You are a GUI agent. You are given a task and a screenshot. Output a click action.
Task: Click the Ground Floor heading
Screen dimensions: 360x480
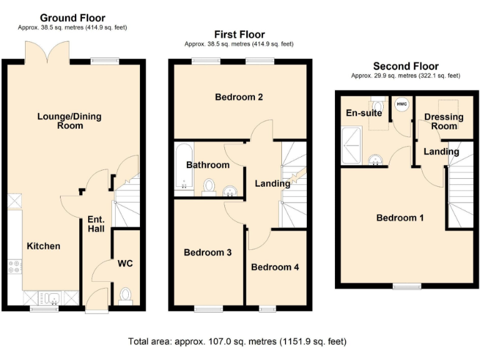(72, 18)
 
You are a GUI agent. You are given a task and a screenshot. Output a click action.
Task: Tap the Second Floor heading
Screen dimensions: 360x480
(406, 66)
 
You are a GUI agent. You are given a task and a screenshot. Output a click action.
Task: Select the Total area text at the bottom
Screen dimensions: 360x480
(237, 342)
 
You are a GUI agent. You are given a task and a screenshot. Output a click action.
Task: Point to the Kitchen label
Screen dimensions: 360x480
(43, 246)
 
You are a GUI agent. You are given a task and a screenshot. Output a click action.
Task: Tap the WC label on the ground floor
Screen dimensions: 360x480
(125, 263)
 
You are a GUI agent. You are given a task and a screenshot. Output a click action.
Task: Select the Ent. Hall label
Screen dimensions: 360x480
(96, 224)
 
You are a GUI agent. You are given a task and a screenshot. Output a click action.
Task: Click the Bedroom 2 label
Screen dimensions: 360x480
(239, 97)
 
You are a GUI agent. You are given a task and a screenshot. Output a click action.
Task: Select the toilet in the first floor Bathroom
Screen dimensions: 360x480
(210, 186)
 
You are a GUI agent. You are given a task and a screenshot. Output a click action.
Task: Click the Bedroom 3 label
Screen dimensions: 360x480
(207, 252)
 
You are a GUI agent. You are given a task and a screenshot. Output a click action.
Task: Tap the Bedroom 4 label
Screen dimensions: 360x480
(275, 267)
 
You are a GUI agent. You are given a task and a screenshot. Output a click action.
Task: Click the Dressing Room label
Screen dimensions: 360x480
(444, 121)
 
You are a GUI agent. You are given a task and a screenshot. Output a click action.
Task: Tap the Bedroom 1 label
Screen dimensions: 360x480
(400, 217)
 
